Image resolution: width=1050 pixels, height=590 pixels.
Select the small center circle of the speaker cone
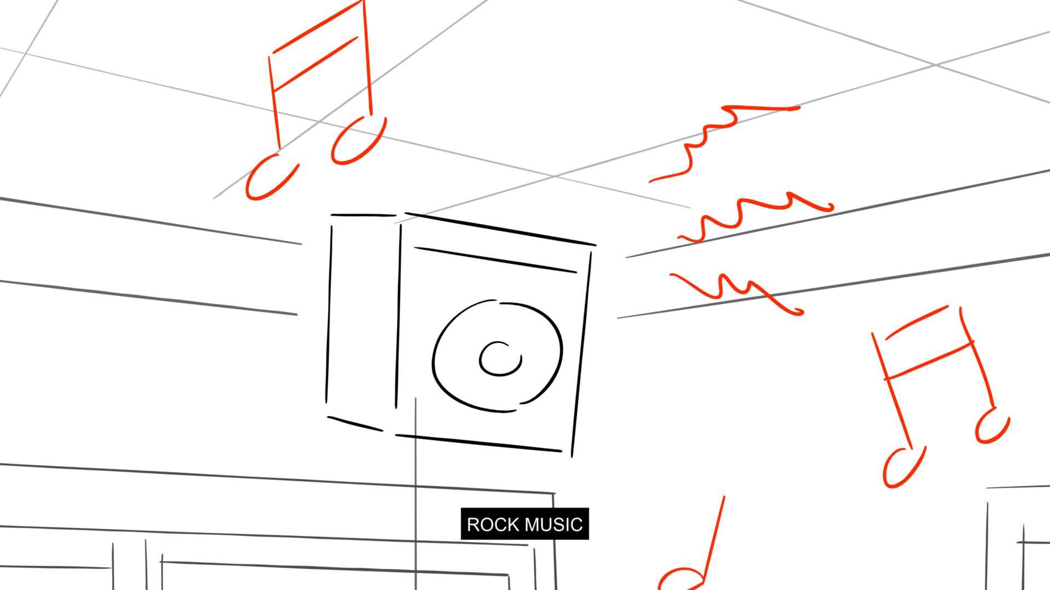coord(500,359)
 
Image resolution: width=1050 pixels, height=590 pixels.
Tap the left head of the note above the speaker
coord(271,176)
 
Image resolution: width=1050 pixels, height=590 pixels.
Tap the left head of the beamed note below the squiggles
coord(903,467)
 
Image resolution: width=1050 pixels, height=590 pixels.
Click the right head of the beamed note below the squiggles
coord(992,426)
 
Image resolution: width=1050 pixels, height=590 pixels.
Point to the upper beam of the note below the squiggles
coord(916,322)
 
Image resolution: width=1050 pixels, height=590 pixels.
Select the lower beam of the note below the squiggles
coord(930,361)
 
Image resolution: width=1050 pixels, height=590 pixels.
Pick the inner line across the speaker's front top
coord(495,260)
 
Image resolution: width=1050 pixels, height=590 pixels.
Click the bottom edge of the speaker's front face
coord(479,443)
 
